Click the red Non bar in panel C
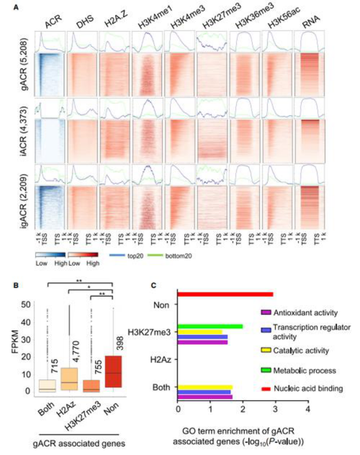[x=225, y=294]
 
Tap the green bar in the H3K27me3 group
[x=210, y=326]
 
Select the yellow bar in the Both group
[x=205, y=388]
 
